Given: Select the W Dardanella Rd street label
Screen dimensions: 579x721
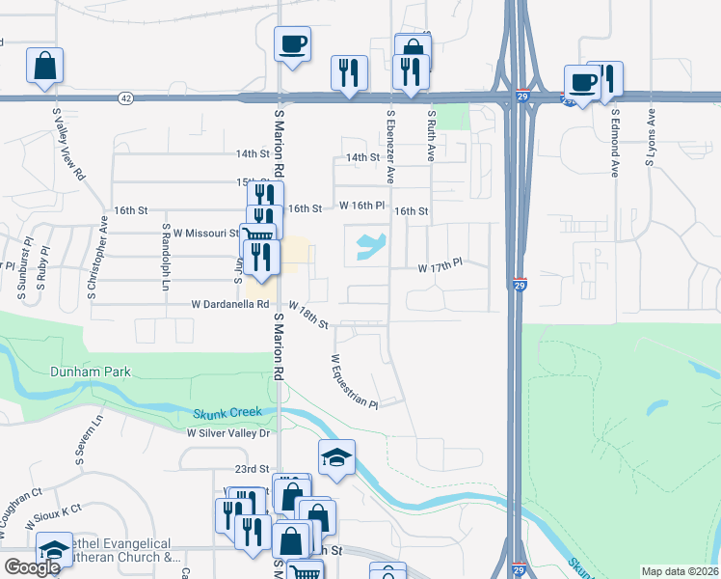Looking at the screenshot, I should point(229,304).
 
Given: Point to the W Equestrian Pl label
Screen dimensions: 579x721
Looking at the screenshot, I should point(353,380).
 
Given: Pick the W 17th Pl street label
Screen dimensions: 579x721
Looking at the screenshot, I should point(440,262).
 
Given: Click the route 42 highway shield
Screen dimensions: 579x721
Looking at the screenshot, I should point(126,98).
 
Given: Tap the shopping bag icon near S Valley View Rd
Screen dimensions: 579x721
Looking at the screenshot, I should point(44,67).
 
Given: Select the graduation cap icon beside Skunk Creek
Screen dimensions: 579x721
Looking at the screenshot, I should point(336,458).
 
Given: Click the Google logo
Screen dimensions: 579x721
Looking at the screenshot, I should point(32,567).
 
